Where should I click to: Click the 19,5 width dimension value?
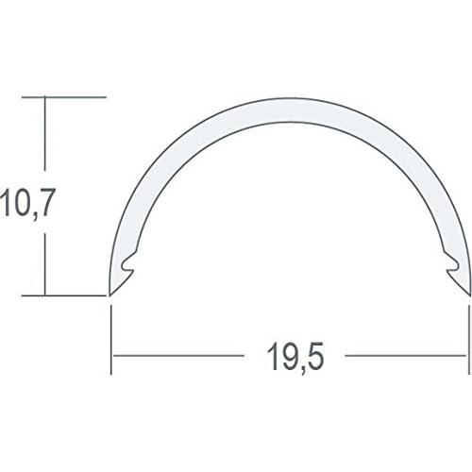pyautogui.click(x=289, y=358)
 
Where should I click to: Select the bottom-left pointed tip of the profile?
pyautogui.click(x=112, y=295)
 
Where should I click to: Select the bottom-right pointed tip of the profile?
pyautogui.click(x=467, y=295)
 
